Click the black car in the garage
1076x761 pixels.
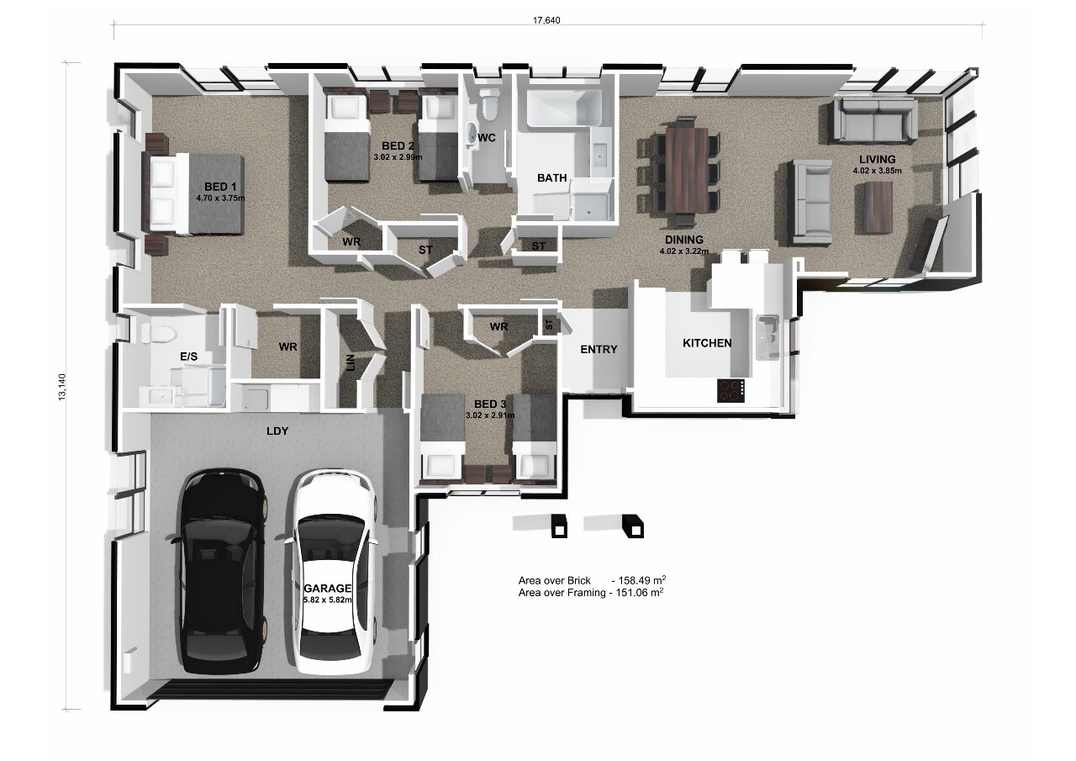click(224, 572)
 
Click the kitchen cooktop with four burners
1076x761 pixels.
click(731, 389)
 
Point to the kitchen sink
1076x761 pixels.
click(766, 336)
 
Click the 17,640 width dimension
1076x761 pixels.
click(547, 20)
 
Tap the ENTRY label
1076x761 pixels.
click(599, 350)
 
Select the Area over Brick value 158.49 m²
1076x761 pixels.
click(641, 580)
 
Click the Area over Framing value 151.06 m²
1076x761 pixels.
click(641, 593)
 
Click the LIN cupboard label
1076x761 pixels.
click(350, 362)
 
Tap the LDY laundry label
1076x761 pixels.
click(277, 431)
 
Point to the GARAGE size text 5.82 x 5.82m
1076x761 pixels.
click(328, 600)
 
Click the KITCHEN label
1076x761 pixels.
click(706, 343)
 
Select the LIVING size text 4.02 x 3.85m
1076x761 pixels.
click(877, 171)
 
